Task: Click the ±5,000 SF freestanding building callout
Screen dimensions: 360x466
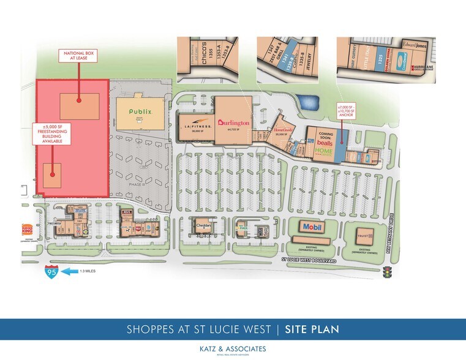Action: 52,134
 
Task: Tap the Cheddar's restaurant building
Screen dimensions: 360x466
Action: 204,227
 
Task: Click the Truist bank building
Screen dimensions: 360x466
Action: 359,234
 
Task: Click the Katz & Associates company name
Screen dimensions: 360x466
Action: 233,348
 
